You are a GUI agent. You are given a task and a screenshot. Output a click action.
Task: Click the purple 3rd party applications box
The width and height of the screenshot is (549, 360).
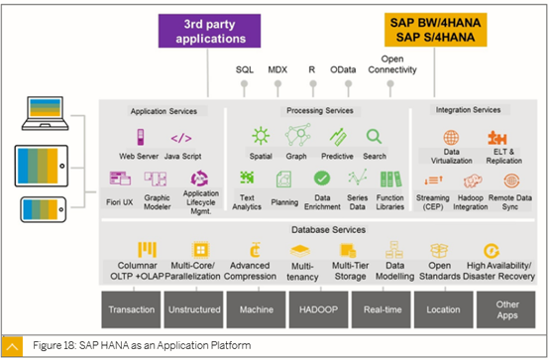(214, 31)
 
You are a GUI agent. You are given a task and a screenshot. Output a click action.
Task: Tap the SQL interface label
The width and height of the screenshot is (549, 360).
(244, 69)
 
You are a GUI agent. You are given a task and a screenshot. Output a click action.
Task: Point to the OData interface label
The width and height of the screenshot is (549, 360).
(342, 69)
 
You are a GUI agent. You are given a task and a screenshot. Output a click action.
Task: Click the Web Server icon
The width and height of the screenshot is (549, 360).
(139, 137)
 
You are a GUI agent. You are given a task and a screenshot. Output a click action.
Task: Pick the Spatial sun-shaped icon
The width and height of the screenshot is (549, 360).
(261, 137)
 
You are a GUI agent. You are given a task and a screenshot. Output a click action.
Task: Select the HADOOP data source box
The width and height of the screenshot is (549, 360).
(317, 309)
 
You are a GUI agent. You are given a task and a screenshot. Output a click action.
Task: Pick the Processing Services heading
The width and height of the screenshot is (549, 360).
(318, 110)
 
